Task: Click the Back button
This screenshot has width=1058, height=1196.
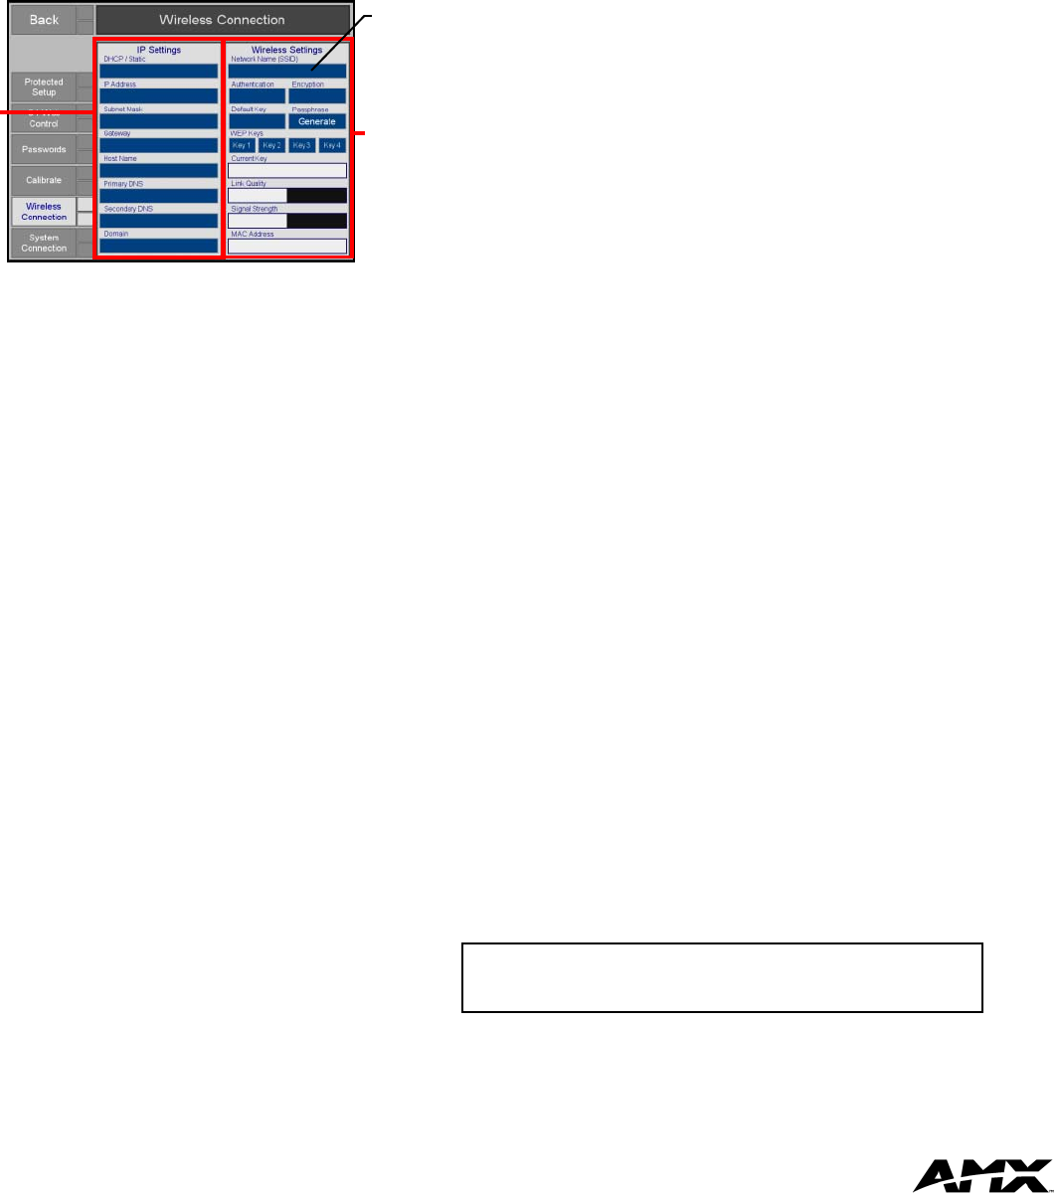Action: coord(43,19)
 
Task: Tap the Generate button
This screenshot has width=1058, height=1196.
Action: coord(317,120)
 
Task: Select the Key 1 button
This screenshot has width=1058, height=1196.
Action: coord(243,145)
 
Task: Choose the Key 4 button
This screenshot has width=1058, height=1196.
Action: coord(332,145)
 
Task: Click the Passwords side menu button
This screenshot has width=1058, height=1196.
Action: coord(45,149)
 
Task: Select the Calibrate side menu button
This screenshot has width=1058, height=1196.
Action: coord(45,180)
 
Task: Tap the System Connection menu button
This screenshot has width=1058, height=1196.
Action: coord(45,243)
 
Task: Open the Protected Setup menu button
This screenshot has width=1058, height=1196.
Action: coord(45,86)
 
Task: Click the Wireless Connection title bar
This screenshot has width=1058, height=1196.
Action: coord(223,19)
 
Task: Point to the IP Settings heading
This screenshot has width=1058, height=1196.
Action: coord(158,50)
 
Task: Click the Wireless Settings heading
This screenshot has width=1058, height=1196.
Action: coord(286,50)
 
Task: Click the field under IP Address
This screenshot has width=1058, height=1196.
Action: coord(158,96)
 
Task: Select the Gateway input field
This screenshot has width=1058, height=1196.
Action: coord(158,146)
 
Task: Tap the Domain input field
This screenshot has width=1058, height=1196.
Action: coord(158,246)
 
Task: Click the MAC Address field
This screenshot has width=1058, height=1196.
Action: coord(287,246)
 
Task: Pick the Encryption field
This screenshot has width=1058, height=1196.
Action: coord(317,96)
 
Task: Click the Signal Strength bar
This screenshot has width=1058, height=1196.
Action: coord(287,221)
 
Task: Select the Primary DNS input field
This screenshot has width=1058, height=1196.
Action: coord(158,196)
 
